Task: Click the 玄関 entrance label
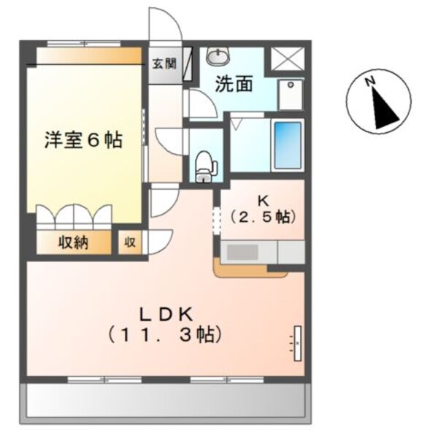click(164, 63)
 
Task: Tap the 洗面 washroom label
click(234, 84)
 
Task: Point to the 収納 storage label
click(73, 242)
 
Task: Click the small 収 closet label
click(130, 242)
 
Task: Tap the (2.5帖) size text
click(261, 217)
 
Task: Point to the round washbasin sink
click(217, 55)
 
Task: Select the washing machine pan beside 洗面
click(291, 94)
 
